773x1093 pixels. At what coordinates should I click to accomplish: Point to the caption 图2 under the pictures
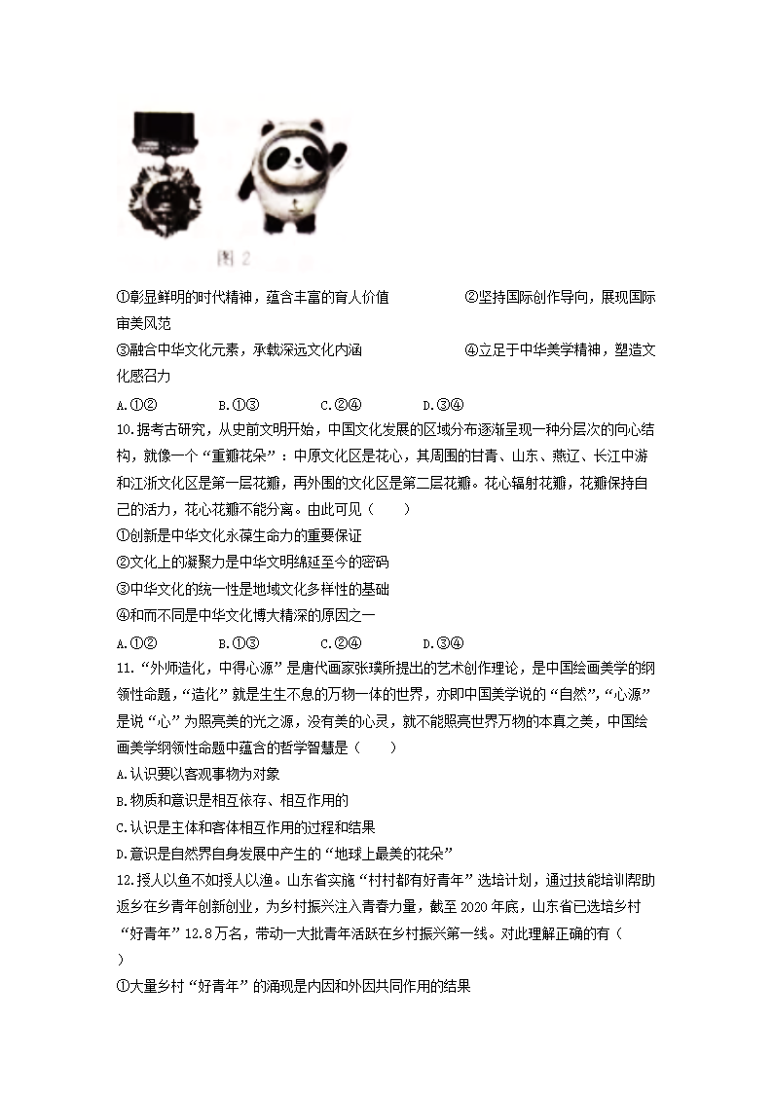click(x=235, y=259)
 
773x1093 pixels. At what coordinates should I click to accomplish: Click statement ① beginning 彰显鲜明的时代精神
click(x=252, y=296)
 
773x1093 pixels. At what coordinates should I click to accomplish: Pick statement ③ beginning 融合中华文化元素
click(x=239, y=349)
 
